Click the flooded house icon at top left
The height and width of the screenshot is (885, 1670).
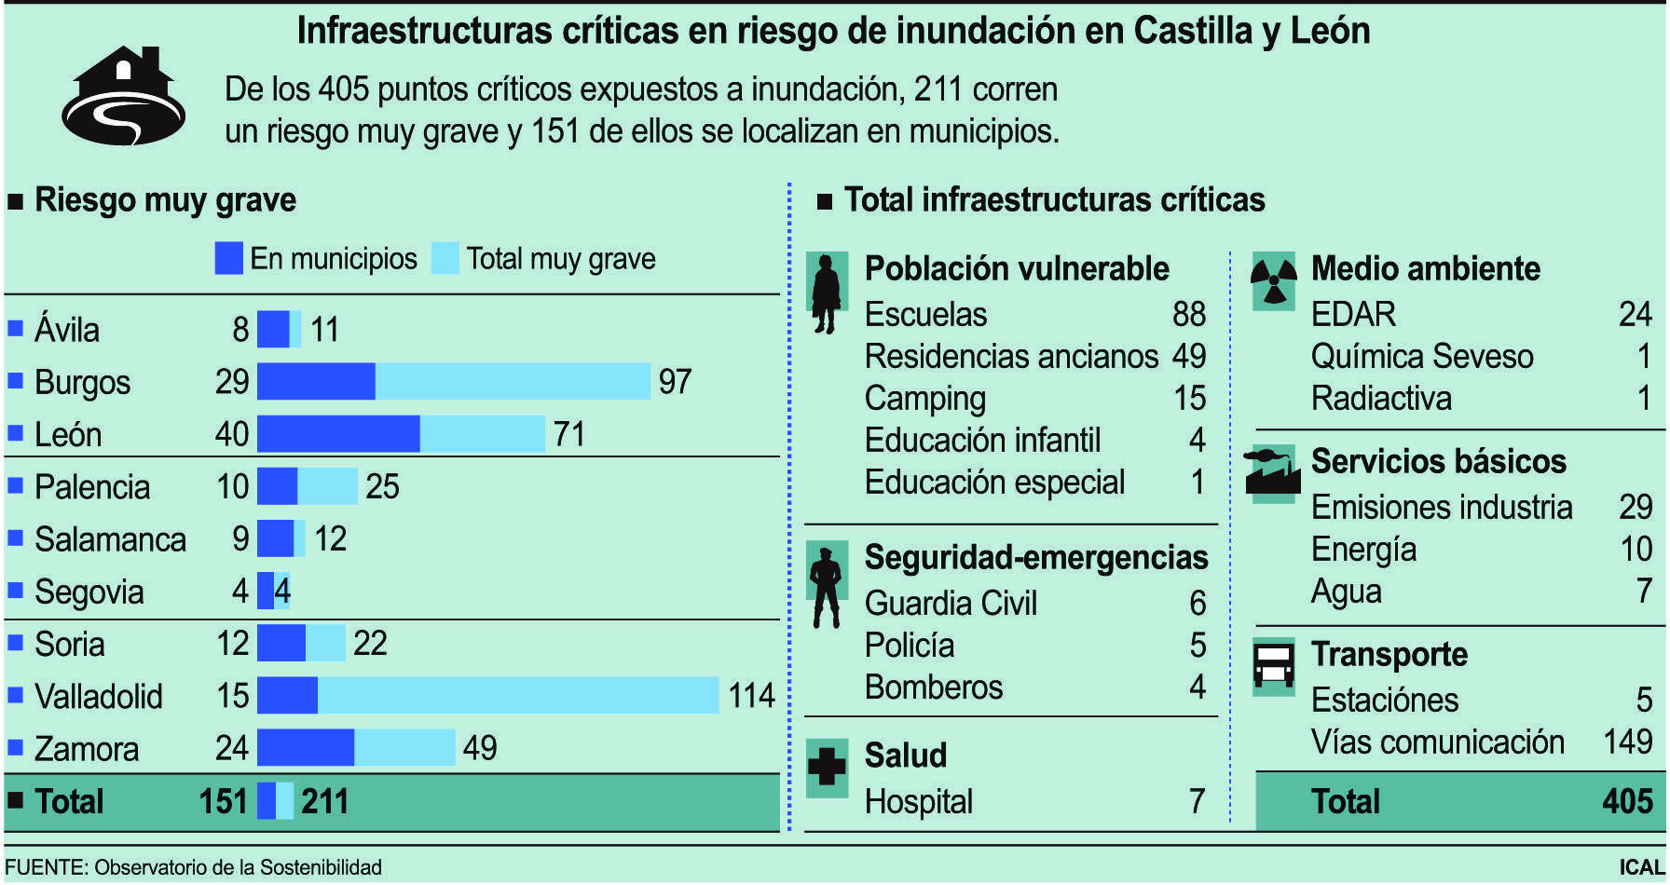click(x=124, y=97)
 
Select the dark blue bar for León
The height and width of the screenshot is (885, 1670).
click(x=338, y=434)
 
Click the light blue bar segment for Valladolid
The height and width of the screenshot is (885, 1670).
click(x=518, y=696)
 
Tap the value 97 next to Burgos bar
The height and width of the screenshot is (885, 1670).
click(x=675, y=382)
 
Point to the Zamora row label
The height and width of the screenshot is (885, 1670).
click(x=86, y=749)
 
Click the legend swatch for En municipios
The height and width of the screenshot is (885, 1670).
click(x=228, y=258)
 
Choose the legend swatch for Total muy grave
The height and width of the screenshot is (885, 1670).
click(x=445, y=258)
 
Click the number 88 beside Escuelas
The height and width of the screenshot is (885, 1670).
click(x=1188, y=314)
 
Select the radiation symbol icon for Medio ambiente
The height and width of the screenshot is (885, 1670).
click(x=1273, y=280)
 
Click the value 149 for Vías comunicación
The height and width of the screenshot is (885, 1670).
click(x=1627, y=742)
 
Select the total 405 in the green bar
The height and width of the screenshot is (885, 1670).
click(x=1627, y=801)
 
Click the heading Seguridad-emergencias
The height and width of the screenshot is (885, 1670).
click(x=1035, y=557)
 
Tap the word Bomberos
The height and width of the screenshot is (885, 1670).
click(x=933, y=688)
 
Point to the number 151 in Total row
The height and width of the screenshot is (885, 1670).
click(x=223, y=801)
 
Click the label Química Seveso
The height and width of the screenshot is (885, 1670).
click(x=1421, y=356)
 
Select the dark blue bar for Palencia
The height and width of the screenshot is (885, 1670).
click(x=277, y=486)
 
